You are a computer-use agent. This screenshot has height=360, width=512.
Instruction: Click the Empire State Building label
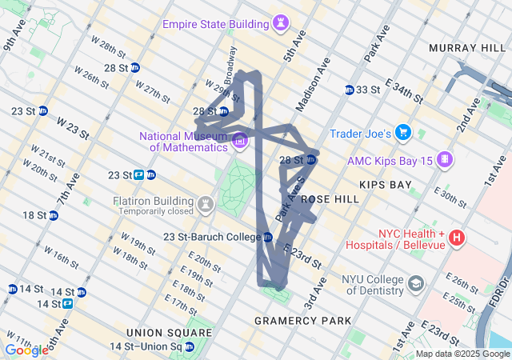pyautogui.click(x=216, y=24)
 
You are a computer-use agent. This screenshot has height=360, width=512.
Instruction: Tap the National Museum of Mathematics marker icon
pyautogui.click(x=239, y=142)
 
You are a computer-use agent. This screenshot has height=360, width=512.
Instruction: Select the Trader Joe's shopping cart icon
pyautogui.click(x=403, y=133)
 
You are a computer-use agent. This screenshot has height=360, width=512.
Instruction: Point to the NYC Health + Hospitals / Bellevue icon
pyautogui.click(x=456, y=238)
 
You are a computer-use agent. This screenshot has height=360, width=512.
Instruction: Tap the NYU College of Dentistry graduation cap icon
pyautogui.click(x=416, y=283)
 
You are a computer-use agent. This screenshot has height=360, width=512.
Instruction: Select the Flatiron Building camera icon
pyautogui.click(x=206, y=205)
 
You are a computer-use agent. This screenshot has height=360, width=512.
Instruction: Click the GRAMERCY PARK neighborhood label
pyautogui.click(x=302, y=321)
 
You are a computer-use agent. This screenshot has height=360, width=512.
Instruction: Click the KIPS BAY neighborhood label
pyautogui.click(x=386, y=185)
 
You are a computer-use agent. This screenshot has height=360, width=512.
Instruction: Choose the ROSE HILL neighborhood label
pyautogui.click(x=326, y=198)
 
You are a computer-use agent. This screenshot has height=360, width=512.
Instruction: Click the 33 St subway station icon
pyautogui.click(x=350, y=90)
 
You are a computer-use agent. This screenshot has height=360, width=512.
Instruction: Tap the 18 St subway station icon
pyautogui.click(x=53, y=215)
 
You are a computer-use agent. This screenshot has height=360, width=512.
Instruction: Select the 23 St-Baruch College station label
pyautogui.click(x=212, y=237)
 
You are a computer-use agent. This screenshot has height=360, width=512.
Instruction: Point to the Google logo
pyautogui.click(x=26, y=350)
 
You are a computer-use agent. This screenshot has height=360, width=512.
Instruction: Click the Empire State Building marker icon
pyautogui.click(x=280, y=25)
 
